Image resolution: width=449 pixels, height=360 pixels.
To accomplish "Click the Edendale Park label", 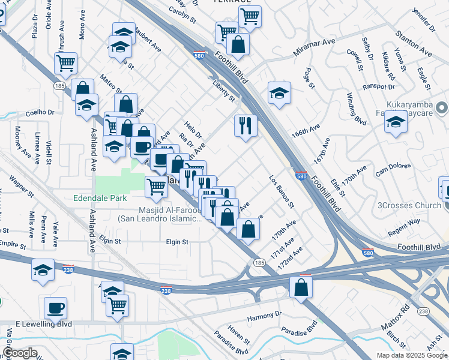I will pos(98,197).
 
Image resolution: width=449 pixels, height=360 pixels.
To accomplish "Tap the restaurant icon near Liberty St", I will pos(246,125).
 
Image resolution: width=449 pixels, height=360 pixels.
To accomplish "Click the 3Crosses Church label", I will pos(409,205).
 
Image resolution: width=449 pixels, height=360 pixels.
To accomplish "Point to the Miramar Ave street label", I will pos(313,48).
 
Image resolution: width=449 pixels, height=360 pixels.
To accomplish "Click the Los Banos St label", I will pos(281,191).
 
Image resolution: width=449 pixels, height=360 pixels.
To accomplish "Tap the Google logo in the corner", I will pos(19,353).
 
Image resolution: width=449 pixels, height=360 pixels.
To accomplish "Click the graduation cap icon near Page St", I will pos(279,93).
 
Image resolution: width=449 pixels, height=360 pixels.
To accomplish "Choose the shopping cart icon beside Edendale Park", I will pos(156,186).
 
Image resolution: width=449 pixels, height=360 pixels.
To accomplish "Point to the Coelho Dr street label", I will pos(40,112).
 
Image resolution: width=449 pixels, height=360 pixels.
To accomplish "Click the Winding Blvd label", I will pos(356,109).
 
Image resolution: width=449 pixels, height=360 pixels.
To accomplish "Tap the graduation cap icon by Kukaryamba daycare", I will pos(396,122).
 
